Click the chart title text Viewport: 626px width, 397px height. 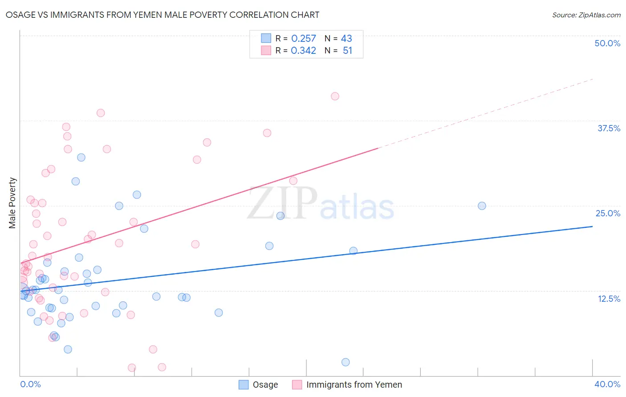click(x=162, y=15)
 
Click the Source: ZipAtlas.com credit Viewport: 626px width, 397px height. click(x=586, y=15)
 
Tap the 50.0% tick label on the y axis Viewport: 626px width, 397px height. click(x=607, y=43)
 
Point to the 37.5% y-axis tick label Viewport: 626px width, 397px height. click(x=608, y=128)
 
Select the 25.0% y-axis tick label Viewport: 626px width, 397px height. click(x=607, y=213)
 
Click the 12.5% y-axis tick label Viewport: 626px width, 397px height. click(x=608, y=299)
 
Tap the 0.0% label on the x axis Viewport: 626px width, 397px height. click(x=30, y=384)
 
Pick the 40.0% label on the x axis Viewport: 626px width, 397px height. click(x=607, y=384)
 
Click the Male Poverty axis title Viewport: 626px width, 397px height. click(x=12, y=203)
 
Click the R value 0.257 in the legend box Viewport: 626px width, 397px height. click(x=303, y=39)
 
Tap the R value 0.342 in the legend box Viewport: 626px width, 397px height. click(x=303, y=51)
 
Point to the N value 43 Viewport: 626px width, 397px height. click(x=346, y=39)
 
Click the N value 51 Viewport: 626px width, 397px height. click(x=347, y=51)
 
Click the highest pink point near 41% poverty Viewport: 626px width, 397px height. click(x=335, y=96)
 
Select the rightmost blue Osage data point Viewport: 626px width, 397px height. click(x=482, y=206)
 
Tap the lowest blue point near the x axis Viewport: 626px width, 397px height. click(x=346, y=362)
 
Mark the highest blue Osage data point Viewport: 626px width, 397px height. click(x=81, y=157)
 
